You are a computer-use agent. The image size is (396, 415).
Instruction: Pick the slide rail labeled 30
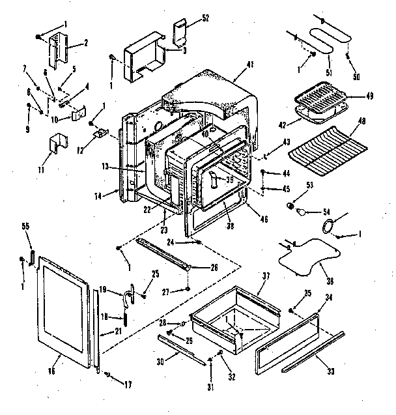point(177,350)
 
